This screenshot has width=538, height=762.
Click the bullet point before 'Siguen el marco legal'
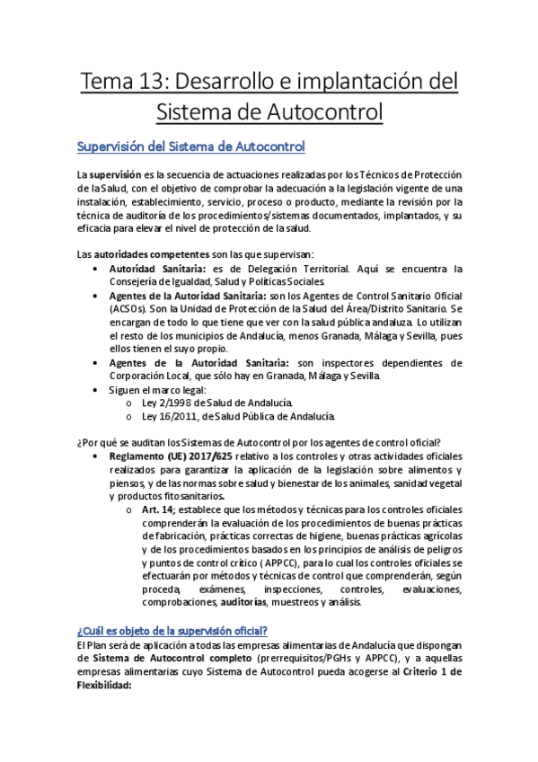(x=97, y=389)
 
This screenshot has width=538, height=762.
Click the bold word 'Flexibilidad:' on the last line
(x=104, y=683)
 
